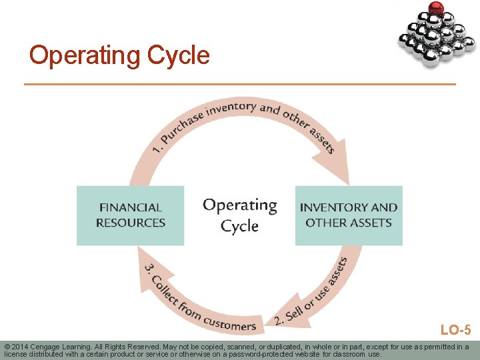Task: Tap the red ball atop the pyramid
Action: coord(436,9)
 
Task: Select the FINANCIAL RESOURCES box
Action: coord(130,215)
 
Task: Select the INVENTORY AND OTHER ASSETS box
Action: coord(349,215)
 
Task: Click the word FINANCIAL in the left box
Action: coord(131,207)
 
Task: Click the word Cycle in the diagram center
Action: coord(239,225)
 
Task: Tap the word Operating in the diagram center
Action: coord(239,205)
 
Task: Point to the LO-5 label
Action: coord(455,329)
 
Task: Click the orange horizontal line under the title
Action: coord(240,84)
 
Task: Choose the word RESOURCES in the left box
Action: coord(131,223)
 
